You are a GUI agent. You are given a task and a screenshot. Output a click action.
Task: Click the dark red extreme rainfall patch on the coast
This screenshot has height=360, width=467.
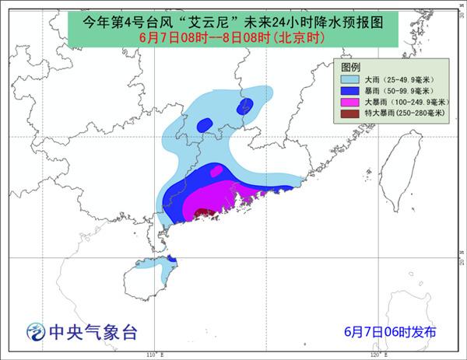point(204,212)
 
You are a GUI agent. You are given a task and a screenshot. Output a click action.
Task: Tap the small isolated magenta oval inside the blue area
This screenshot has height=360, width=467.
point(218,170)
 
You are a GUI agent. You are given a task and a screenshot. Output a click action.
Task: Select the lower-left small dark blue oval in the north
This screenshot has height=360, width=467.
point(205,124)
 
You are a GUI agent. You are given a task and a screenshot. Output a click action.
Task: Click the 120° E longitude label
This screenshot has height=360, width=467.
point(374,355)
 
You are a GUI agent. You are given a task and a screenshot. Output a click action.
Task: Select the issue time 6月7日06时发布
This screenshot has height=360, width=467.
point(390,332)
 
